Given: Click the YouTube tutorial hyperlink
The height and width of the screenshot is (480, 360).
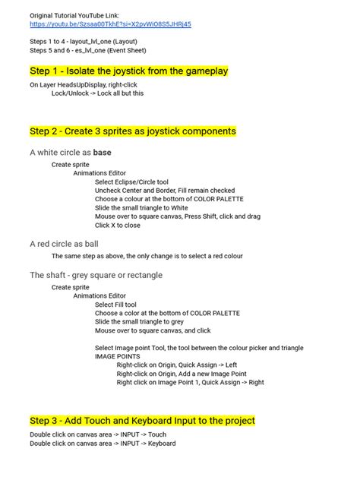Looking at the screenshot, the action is (x=110, y=24).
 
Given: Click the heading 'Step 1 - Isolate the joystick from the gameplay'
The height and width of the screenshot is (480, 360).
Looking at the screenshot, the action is (x=128, y=71).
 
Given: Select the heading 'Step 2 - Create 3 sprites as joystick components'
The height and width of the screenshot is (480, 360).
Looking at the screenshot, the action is (x=133, y=131).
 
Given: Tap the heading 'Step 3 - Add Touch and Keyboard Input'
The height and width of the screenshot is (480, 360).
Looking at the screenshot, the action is (x=142, y=420).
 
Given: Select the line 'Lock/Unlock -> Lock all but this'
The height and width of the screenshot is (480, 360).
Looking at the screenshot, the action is (x=97, y=93).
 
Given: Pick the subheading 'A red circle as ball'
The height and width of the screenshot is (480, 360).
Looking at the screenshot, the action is (x=64, y=244).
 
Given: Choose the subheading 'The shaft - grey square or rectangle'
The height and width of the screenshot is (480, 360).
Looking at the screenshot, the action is (x=96, y=275).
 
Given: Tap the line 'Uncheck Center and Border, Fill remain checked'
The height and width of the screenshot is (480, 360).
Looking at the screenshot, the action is (x=164, y=191).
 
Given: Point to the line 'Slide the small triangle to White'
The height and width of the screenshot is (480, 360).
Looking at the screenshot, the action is (x=141, y=207).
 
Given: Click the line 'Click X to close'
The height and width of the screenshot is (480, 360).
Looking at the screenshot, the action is (x=117, y=225).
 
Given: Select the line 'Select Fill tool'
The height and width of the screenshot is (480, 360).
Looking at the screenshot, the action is (x=115, y=305).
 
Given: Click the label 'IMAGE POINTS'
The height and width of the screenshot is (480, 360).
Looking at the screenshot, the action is (x=117, y=355).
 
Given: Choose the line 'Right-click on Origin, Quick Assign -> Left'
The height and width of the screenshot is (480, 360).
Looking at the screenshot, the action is (x=177, y=365).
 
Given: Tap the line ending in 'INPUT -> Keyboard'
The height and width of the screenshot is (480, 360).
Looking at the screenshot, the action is (x=103, y=444).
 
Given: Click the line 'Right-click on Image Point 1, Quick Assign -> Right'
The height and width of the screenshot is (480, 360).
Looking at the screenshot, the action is (x=190, y=383).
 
